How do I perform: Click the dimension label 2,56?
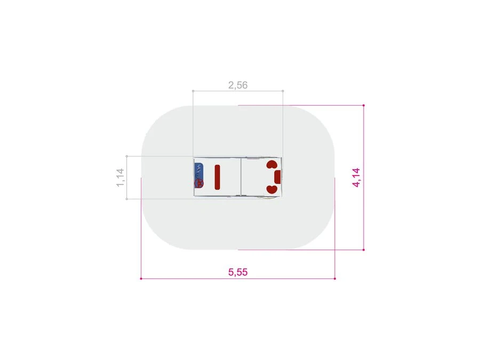coord(238,85)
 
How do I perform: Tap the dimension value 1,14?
coord(121,177)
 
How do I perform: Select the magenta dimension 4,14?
coord(356,177)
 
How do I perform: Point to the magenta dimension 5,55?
coord(238,272)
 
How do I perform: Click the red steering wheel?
coord(199,183)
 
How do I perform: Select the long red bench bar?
coord(218,177)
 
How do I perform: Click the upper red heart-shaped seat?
coord(272,165)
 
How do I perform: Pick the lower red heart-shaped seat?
coord(272,189)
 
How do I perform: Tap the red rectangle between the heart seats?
coord(278,177)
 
